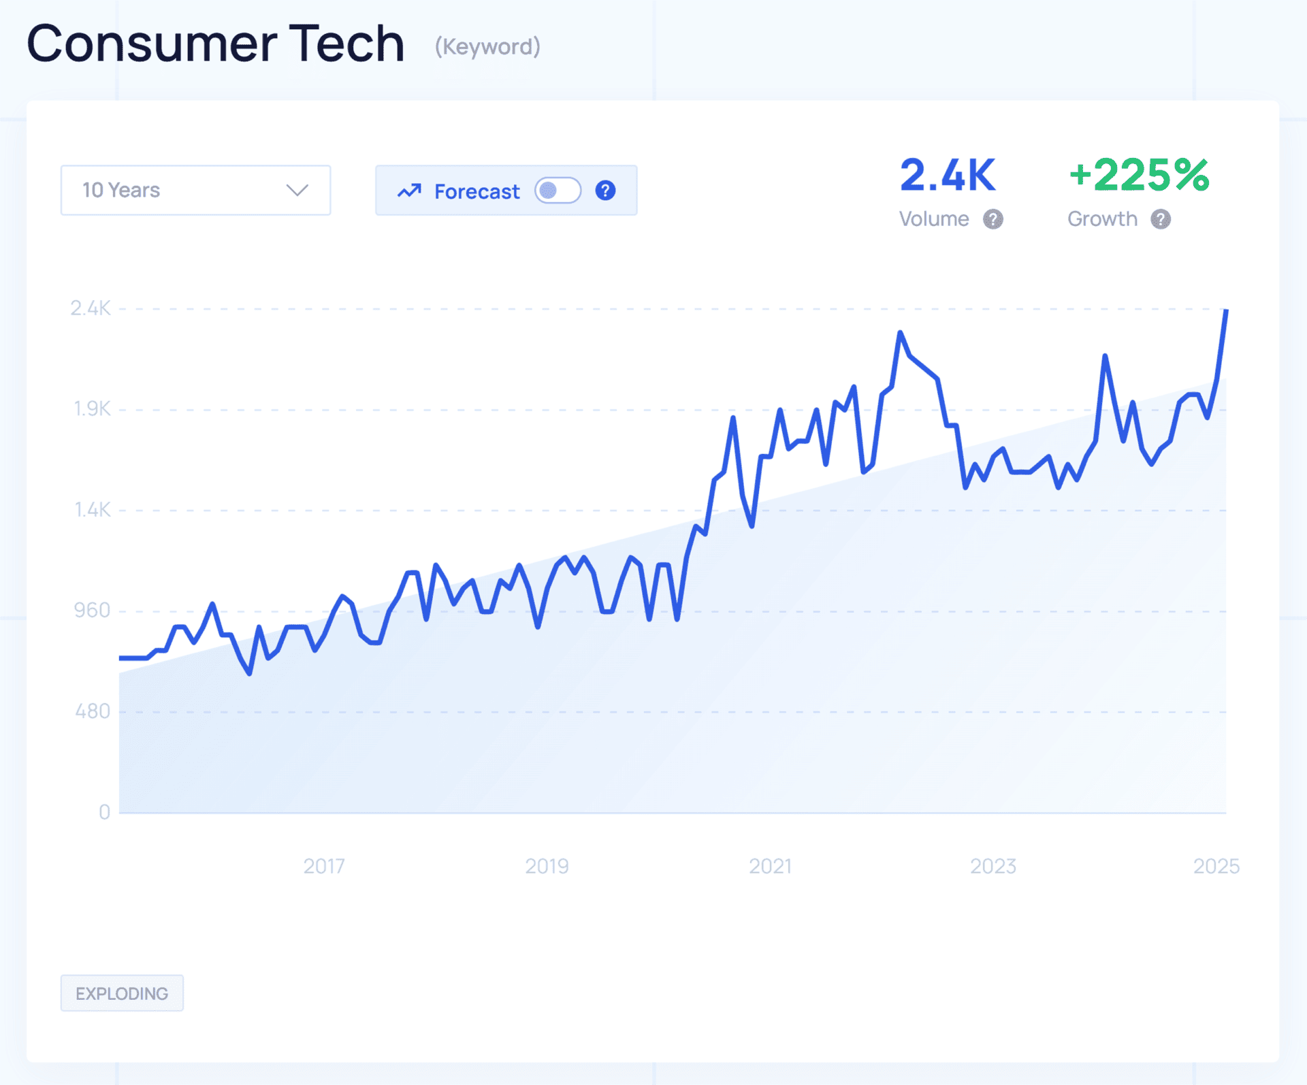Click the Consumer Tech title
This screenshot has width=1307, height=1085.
click(215, 44)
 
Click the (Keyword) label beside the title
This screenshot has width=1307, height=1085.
click(487, 46)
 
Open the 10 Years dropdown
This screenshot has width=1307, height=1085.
click(195, 190)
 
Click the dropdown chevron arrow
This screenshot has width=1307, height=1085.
click(297, 190)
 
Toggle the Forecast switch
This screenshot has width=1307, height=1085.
click(558, 191)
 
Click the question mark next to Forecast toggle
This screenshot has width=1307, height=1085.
click(605, 191)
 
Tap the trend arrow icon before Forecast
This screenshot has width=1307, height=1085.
click(409, 191)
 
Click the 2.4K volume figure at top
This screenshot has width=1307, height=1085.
click(948, 176)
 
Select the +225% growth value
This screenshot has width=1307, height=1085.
click(1139, 176)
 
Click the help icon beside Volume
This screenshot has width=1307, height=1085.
click(993, 219)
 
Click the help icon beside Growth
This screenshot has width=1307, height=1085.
click(1161, 219)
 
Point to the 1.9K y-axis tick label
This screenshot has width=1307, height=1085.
click(92, 409)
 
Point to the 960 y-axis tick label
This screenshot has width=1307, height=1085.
click(92, 611)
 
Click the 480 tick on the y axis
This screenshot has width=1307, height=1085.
click(93, 711)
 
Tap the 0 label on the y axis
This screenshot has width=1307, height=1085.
click(104, 812)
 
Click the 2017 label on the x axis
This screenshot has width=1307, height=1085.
click(324, 866)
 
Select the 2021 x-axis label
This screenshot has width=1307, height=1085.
click(770, 866)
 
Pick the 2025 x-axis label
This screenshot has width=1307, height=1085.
click(1216, 866)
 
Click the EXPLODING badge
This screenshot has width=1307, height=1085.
click(122, 993)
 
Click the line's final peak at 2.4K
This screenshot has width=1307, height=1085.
click(1226, 311)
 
